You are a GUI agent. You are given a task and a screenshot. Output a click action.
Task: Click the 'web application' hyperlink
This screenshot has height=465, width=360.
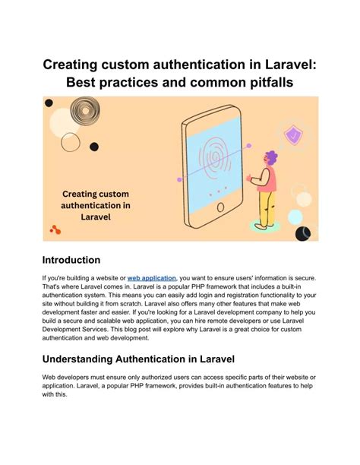tap(152, 279)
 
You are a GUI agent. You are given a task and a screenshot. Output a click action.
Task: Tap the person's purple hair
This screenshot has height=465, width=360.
tap(271, 157)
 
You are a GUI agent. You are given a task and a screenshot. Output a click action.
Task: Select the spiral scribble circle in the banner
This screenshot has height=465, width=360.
tap(81, 114)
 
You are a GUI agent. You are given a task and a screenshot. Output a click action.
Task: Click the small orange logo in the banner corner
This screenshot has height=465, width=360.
tap(55, 229)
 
